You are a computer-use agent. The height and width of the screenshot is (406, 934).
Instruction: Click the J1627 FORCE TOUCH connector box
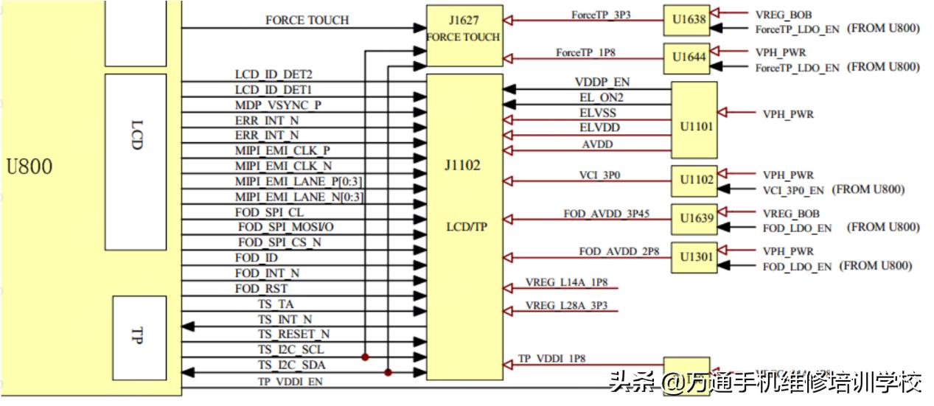click(x=464, y=35)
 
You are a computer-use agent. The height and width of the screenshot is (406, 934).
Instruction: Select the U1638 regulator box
click(x=686, y=21)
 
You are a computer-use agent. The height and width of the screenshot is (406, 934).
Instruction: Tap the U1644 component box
click(x=686, y=58)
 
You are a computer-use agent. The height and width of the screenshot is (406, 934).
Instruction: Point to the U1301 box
click(x=694, y=257)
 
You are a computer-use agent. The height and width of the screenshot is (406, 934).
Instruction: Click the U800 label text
click(x=29, y=167)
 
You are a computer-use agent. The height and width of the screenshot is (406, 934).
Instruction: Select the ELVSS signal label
click(x=598, y=113)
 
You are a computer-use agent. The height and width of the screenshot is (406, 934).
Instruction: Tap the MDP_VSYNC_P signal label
click(x=278, y=105)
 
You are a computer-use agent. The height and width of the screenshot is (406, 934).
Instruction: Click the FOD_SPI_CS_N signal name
click(x=279, y=242)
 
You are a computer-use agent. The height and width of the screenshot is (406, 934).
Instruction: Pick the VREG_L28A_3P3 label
click(x=566, y=305)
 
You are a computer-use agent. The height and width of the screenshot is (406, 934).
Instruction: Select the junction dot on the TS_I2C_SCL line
click(x=365, y=357)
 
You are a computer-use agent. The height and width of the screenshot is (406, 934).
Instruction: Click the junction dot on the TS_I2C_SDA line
click(x=388, y=373)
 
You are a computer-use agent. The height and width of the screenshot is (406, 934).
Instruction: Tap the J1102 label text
click(x=462, y=166)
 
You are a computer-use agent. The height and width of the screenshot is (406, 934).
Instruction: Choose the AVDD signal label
click(x=597, y=144)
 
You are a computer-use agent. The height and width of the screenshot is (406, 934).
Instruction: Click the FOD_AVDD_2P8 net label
click(x=618, y=252)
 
